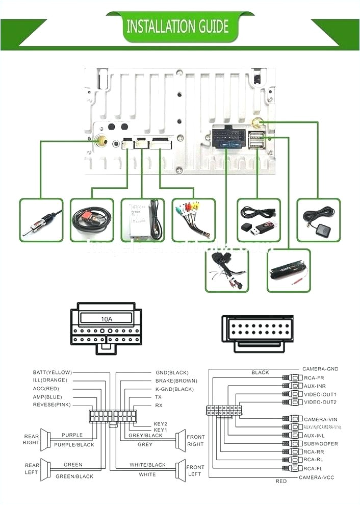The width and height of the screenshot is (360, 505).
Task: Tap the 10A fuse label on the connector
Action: (x=106, y=319)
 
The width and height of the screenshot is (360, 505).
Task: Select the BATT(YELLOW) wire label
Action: (x=52, y=372)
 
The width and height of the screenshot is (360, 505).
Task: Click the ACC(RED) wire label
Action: (x=45, y=389)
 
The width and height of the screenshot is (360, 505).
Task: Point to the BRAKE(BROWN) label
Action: (x=176, y=381)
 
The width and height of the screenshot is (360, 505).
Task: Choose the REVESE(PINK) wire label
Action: (x=52, y=405)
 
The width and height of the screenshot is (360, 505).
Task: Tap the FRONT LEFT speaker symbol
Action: (x=179, y=470)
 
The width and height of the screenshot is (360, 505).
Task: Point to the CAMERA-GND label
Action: (x=320, y=369)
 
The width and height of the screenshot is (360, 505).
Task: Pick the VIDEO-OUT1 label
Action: (x=320, y=394)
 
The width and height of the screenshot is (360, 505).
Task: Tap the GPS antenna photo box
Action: (x=318, y=220)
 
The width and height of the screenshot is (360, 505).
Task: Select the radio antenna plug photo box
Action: (x=41, y=220)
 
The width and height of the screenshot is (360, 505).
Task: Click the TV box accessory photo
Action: (x=143, y=220)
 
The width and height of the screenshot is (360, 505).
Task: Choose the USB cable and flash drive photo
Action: (x=259, y=220)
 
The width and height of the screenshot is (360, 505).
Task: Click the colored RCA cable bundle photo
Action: (x=194, y=220)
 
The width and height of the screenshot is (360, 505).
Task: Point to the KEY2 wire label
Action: (x=161, y=424)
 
